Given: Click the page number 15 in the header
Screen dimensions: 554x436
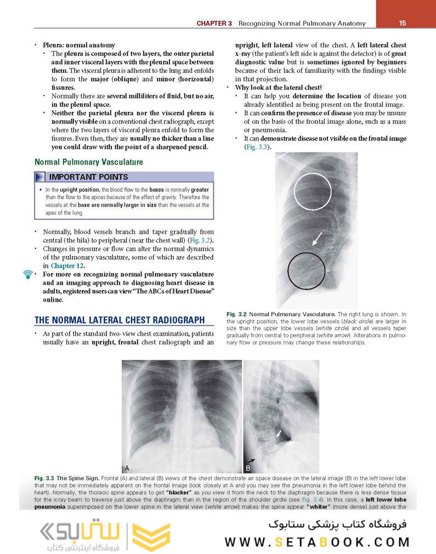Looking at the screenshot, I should pyautogui.click(x=402, y=23).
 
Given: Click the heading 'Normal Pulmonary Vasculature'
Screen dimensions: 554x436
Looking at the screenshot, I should pyautogui.click(x=88, y=162).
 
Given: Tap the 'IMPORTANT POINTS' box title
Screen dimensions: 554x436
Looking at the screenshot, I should pyautogui.click(x=88, y=177).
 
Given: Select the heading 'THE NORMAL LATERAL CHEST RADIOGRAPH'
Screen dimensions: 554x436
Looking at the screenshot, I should pyautogui.click(x=120, y=320).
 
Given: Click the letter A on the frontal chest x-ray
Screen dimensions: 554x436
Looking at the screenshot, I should pyautogui.click(x=127, y=468).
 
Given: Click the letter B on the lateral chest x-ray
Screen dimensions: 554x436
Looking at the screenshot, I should pyautogui.click(x=248, y=468).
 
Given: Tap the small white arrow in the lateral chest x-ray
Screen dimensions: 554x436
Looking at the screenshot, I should pyautogui.click(x=279, y=434).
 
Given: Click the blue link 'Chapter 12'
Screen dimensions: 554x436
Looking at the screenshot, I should pyautogui.click(x=67, y=265).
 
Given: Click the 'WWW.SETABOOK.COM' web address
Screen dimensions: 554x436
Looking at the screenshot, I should pyautogui.click(x=317, y=542).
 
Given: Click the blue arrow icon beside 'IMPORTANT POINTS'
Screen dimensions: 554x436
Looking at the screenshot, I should pyautogui.click(x=39, y=177).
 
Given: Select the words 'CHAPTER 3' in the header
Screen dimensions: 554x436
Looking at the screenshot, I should pyautogui.click(x=214, y=23).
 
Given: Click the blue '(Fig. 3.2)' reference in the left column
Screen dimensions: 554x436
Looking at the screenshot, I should pyautogui.click(x=200, y=241).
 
